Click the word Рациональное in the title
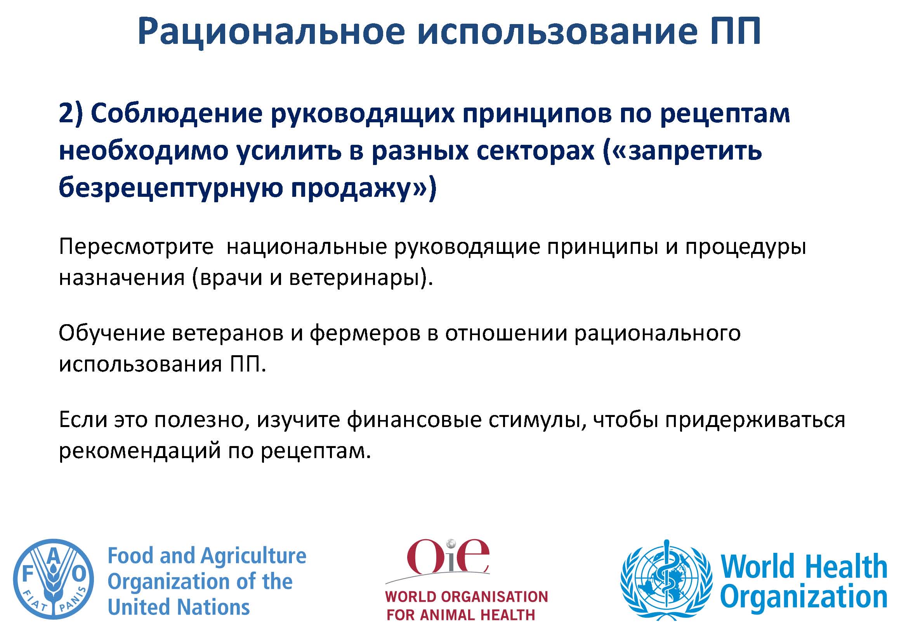pyautogui.click(x=271, y=32)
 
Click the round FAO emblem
pyautogui.click(x=54, y=579)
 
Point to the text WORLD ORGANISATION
pyautogui.click(x=466, y=597)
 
